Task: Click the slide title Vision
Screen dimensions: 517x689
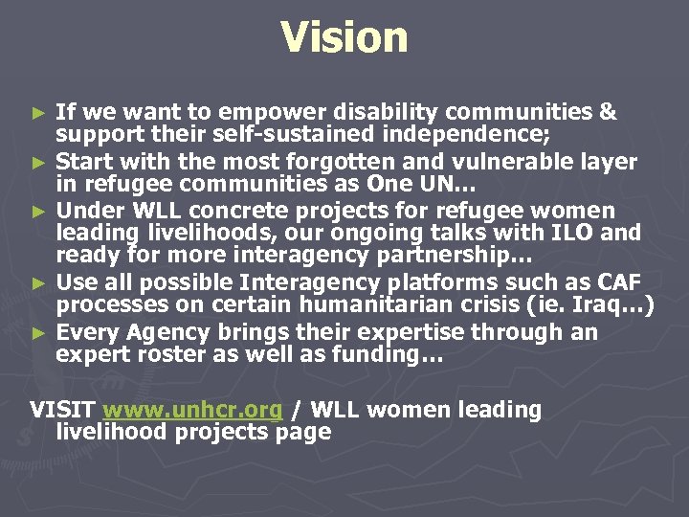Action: click(344, 38)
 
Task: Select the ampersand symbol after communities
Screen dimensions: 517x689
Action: click(607, 112)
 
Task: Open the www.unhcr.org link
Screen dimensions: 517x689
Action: click(192, 411)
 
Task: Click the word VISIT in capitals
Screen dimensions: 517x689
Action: click(62, 411)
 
